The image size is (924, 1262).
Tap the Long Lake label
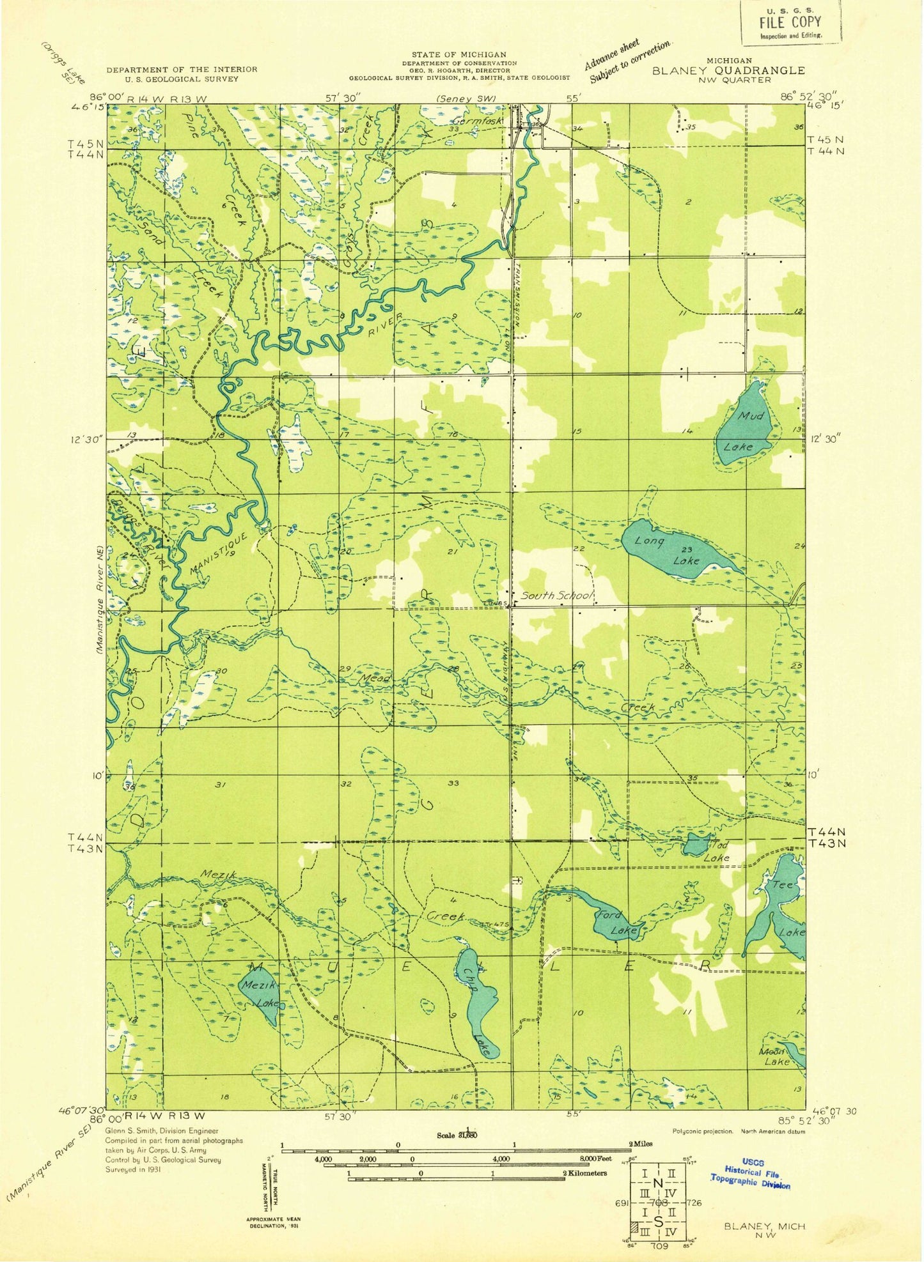pos(668,550)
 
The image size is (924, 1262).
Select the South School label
pos(556,596)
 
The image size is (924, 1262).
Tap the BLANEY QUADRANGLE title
pos(728,71)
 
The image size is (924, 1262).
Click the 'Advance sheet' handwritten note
pos(613,54)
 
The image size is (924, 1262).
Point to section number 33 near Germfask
pos(455,128)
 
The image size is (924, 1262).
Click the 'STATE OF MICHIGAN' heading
pos(458,55)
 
